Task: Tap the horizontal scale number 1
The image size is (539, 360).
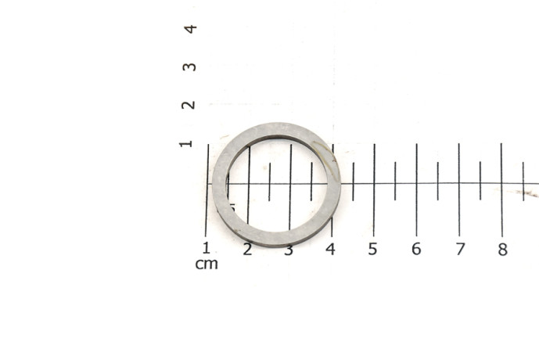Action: (207, 247)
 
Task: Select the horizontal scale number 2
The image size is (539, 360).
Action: (247, 250)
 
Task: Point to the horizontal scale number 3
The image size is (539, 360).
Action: (289, 250)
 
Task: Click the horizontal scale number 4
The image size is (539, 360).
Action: (330, 249)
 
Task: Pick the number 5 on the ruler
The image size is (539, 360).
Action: (372, 249)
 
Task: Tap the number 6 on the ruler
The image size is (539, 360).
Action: (416, 249)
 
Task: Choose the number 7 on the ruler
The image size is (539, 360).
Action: (460, 249)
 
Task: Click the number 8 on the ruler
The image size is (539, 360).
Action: (502, 250)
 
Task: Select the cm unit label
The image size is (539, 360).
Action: (207, 264)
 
